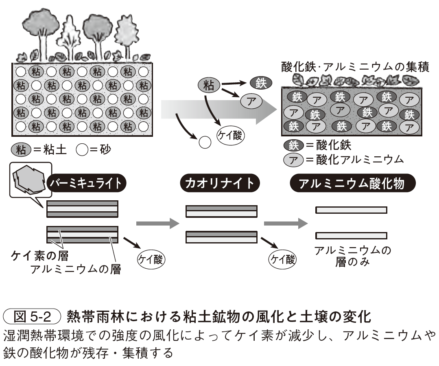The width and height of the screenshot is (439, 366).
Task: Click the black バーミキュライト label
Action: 86,184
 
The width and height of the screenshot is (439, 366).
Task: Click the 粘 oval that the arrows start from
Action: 209,85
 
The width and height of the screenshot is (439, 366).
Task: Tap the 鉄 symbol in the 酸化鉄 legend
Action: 293,145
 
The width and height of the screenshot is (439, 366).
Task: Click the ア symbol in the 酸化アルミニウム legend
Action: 293,159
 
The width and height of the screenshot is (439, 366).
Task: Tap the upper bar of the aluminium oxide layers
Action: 351,210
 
